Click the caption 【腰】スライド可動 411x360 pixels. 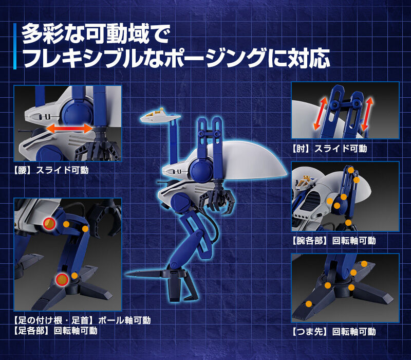51,170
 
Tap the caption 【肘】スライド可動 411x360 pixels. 329,149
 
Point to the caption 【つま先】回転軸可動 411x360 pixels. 333,332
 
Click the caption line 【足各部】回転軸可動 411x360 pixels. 56,330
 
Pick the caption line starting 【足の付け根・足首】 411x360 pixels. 82,320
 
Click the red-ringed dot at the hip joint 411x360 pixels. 49,223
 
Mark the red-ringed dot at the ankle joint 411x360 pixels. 62,279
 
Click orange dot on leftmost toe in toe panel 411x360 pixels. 308,303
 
